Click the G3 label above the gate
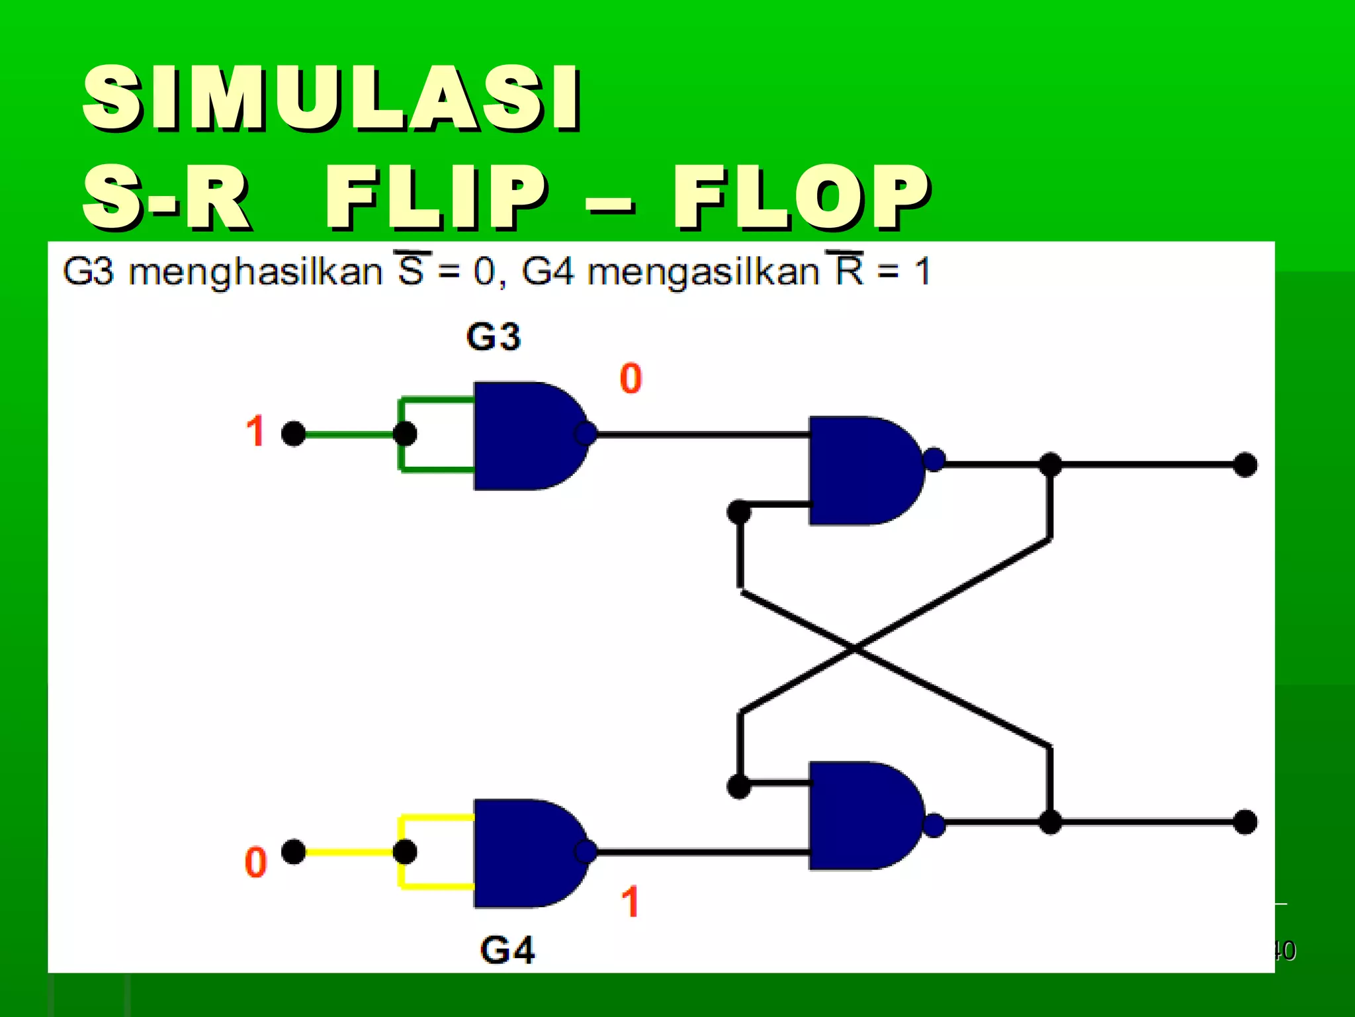click(494, 336)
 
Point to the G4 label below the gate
click(507, 950)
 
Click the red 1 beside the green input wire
click(255, 431)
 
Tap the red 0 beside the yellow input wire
click(255, 862)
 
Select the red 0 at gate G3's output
click(631, 379)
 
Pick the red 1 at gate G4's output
click(631, 902)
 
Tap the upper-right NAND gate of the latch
click(860, 470)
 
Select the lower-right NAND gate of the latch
click(860, 816)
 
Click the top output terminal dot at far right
click(1245, 465)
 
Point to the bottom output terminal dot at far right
click(1245, 822)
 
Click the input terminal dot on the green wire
click(294, 434)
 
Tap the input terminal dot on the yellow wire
click(294, 851)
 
